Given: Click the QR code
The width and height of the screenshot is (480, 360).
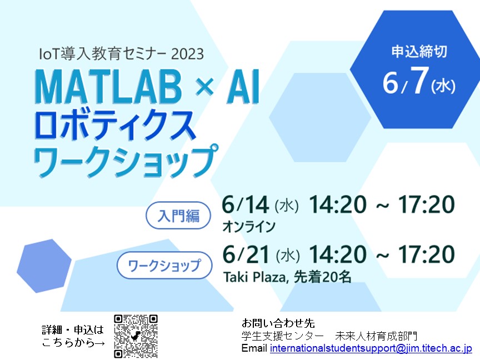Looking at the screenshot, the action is (x=136, y=336).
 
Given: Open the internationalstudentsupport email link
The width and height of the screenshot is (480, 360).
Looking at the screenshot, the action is (x=371, y=348).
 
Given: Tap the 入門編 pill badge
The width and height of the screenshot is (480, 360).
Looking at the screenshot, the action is (x=178, y=216).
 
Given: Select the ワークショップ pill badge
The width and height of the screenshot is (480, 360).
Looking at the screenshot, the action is (x=164, y=265).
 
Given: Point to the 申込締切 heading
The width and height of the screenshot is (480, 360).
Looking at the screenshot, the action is (x=419, y=52).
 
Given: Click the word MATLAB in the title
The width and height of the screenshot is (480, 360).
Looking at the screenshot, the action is (x=108, y=87).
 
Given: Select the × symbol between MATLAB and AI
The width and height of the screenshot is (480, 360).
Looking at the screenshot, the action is (x=204, y=87).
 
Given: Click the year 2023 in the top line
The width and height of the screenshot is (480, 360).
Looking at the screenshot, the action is (x=187, y=54).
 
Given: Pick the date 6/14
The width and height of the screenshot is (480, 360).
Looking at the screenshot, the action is (x=246, y=204).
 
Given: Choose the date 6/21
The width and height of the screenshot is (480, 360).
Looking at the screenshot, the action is (x=246, y=254).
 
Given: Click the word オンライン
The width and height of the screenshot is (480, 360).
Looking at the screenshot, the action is (x=249, y=227).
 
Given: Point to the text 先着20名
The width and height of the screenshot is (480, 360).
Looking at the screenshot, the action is (x=322, y=277).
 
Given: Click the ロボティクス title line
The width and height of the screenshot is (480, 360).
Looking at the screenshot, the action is (x=115, y=126).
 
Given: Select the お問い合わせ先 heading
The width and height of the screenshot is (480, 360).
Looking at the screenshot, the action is (x=278, y=323).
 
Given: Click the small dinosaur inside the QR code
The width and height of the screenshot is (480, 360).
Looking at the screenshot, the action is (x=136, y=336).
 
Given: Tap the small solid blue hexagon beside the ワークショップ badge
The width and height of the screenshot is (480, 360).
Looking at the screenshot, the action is (x=44, y=266).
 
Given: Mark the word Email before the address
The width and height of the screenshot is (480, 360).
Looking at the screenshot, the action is (x=254, y=348).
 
